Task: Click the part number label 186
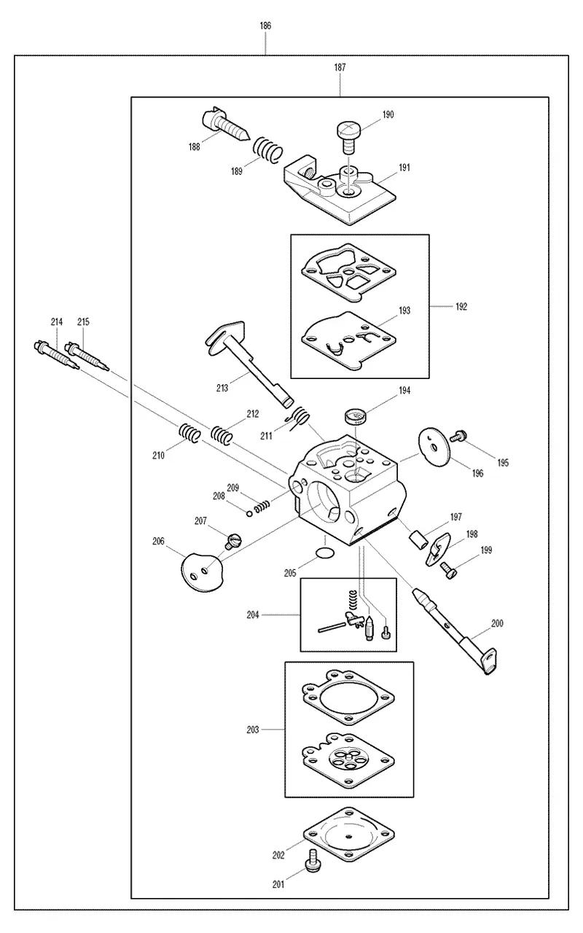[265, 26]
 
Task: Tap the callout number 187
[340, 68]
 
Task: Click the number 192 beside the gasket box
[461, 307]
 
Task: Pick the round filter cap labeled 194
[355, 416]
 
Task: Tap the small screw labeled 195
[458, 436]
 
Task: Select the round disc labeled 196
[435, 448]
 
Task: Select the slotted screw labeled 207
[233, 542]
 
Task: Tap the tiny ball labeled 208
[249, 512]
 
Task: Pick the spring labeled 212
[221, 435]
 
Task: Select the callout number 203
[252, 730]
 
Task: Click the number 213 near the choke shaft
[222, 389]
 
